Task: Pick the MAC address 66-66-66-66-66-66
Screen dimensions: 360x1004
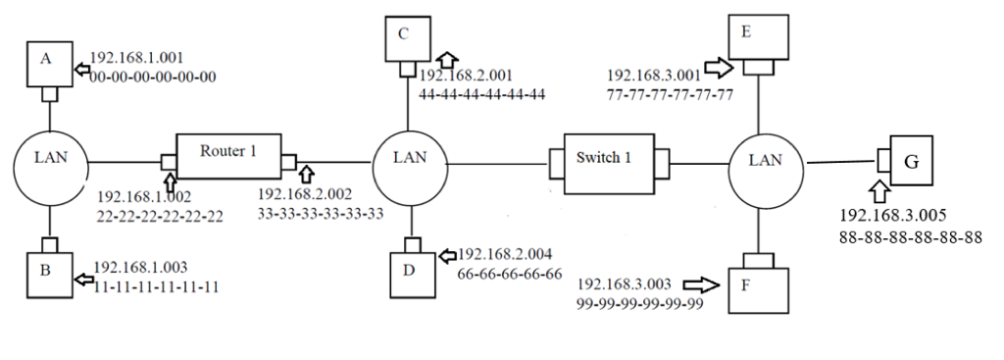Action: pyautogui.click(x=509, y=274)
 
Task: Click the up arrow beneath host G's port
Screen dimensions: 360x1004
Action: pyautogui.click(x=878, y=189)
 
